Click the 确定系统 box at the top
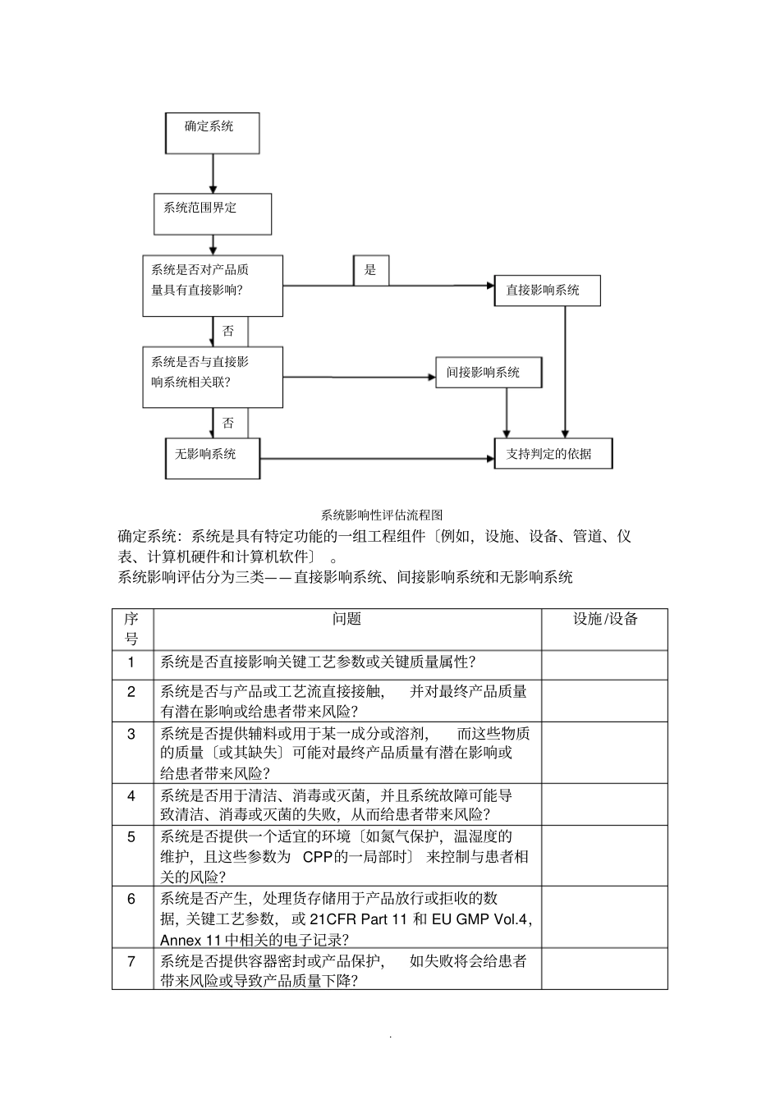212,133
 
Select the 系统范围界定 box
212,213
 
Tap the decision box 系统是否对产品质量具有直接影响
212,285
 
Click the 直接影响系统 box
547,291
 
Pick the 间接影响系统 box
488,372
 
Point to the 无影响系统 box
213,458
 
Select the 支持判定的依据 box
553,453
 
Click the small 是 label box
371,270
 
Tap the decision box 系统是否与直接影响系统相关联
212,377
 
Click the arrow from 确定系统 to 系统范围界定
213,174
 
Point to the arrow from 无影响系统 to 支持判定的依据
378,458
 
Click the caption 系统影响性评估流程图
382,515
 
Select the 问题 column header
346,620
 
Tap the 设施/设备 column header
604,620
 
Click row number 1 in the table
131,662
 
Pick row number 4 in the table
131,795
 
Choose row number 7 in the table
131,961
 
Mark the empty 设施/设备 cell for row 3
604,753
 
